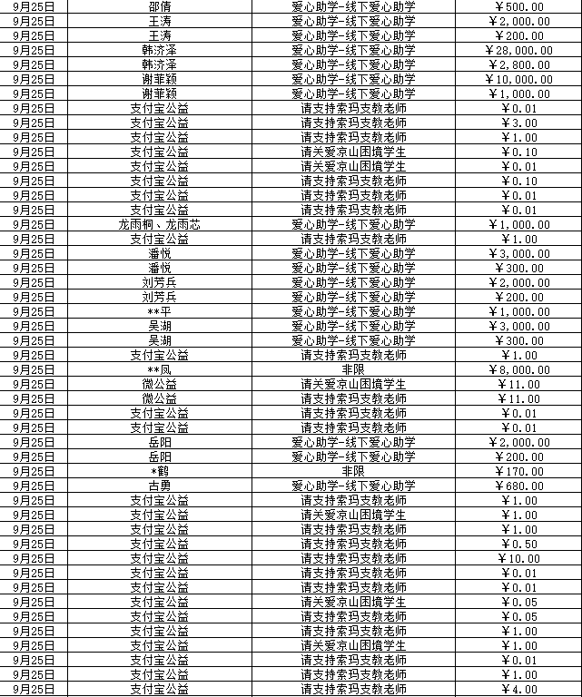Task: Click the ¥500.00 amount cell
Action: click(519, 6)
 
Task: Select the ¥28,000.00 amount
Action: click(519, 50)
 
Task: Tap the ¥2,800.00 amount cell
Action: click(519, 64)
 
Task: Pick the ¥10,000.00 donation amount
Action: click(519, 79)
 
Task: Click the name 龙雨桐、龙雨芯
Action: click(159, 224)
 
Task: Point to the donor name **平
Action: click(159, 311)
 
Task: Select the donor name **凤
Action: click(159, 369)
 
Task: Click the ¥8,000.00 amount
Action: click(519, 369)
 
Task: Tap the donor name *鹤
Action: click(159, 471)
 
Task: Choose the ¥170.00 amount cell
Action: click(519, 471)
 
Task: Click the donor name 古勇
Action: click(159, 486)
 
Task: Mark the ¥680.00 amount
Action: click(519, 486)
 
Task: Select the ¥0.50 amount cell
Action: click(519, 544)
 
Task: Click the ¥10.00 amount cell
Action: click(519, 558)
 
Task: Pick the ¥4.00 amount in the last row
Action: click(519, 689)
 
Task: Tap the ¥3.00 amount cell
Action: click(519, 123)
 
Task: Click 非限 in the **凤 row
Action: click(353, 369)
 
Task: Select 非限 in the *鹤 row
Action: click(353, 471)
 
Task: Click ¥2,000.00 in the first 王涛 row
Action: click(519, 21)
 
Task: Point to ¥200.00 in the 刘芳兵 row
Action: click(519, 297)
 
